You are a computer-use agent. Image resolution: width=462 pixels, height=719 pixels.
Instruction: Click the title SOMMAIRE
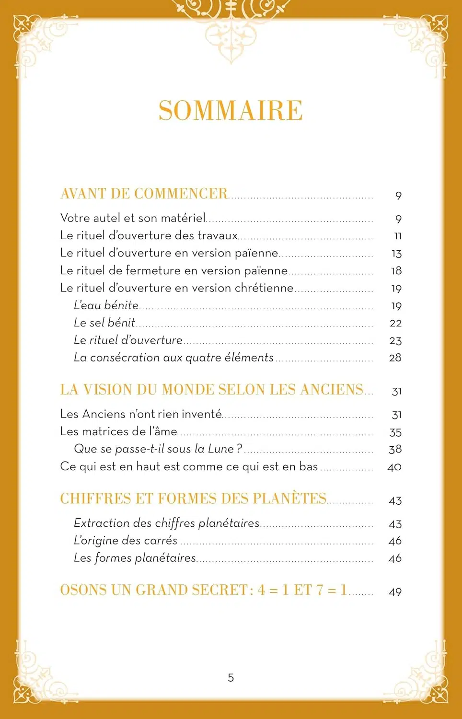pos(231,111)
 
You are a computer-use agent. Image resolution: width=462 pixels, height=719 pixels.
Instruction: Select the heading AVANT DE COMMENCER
pos(144,194)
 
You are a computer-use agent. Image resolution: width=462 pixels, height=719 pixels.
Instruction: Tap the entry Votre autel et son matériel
pos(133,218)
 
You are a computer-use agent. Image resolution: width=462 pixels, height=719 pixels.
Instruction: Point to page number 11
pos(397,236)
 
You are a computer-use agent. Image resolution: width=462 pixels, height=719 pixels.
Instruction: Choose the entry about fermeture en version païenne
pos(173,271)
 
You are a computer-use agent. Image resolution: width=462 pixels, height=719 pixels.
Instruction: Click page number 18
pos(396,271)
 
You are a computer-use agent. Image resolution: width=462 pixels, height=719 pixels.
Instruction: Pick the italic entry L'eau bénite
pos(106,305)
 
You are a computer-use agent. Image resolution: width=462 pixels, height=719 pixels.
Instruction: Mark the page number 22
pos(395,323)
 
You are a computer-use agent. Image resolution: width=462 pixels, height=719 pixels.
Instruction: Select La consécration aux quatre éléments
pos(173,358)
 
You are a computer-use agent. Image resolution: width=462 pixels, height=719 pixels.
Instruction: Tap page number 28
pos(395,358)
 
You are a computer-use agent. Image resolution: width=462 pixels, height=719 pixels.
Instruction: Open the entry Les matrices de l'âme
pos(118,431)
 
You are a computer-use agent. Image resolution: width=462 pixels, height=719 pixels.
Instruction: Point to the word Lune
pos(219,449)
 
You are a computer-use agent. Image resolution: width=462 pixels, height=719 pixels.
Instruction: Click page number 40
pos(394,467)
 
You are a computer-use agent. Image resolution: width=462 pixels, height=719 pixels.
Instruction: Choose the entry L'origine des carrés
pos(126,541)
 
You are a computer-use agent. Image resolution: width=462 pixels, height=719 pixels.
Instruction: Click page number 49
pos(395,592)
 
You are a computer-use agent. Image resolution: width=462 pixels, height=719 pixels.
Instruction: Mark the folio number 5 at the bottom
pos(231,678)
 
